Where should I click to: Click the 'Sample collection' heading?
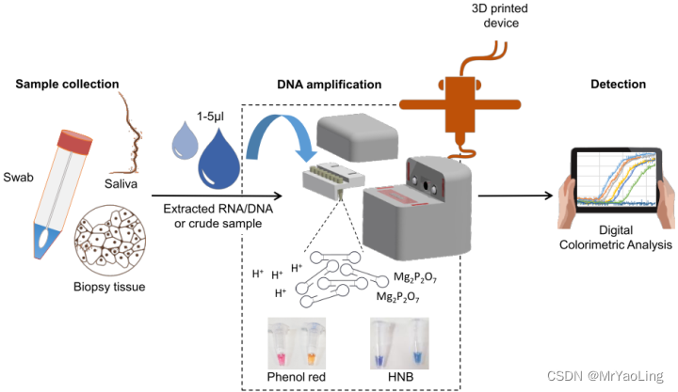(x=67, y=85)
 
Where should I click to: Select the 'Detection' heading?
(x=618, y=85)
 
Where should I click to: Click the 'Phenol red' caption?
(x=294, y=377)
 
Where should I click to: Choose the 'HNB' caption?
(x=398, y=377)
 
